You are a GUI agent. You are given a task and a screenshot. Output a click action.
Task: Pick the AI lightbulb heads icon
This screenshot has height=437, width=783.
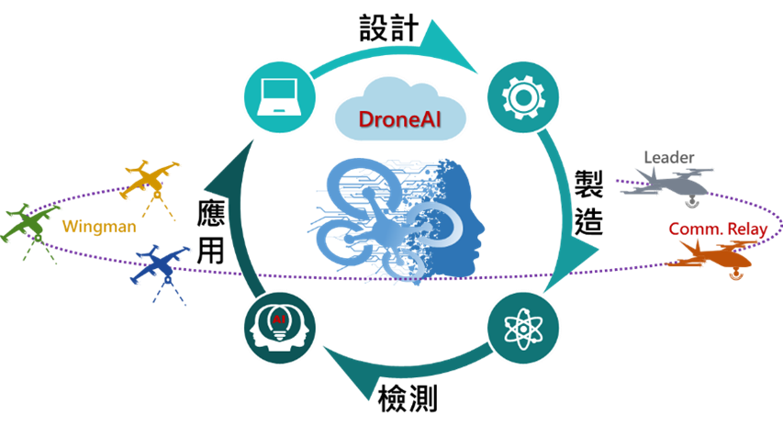(x=278, y=326)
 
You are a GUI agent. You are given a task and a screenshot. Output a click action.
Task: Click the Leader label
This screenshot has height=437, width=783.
(x=669, y=158)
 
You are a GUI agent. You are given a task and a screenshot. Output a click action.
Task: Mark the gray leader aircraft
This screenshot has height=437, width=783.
(x=670, y=184)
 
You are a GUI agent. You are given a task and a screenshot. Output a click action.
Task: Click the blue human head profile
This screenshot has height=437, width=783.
(x=464, y=220)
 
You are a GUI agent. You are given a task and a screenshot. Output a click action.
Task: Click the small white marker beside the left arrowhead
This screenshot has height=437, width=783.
(x=222, y=211)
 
